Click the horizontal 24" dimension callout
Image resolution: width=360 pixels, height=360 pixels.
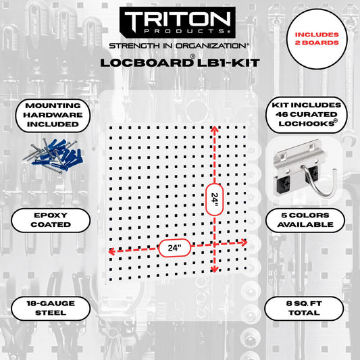coord(175,247)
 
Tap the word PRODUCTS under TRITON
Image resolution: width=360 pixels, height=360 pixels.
coord(179,32)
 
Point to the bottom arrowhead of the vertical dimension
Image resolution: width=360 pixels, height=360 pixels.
coord(215,270)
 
